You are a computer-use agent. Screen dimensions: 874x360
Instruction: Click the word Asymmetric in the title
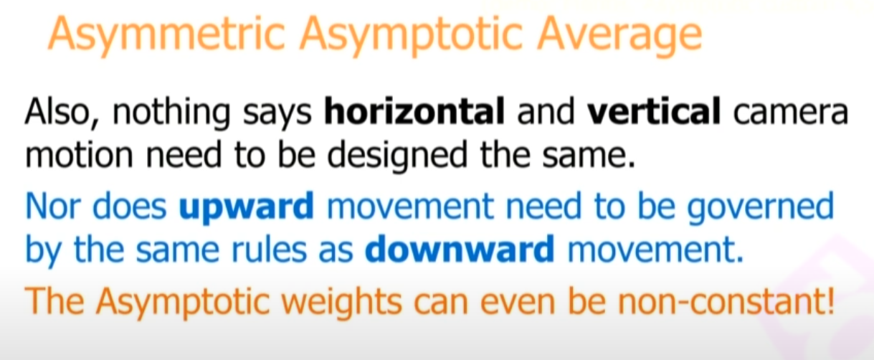(x=166, y=35)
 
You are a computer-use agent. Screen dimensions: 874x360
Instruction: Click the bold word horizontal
(x=414, y=111)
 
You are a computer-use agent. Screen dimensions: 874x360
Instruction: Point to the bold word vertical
(x=654, y=111)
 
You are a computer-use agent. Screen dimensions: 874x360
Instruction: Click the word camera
(x=791, y=113)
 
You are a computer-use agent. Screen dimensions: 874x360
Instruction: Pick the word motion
(x=79, y=155)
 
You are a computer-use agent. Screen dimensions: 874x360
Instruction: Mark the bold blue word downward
(x=460, y=248)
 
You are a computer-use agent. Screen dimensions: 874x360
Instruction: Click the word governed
(x=760, y=208)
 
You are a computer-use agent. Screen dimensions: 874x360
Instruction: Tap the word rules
(x=269, y=249)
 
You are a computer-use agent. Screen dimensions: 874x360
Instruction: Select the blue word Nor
(x=52, y=206)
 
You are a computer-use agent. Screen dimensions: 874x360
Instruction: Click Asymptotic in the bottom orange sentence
(x=183, y=303)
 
